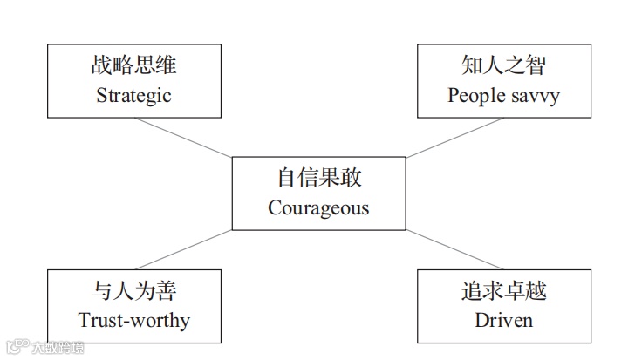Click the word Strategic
pos(133,95)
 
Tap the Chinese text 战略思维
pos(133,66)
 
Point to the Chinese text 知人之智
pos(503,66)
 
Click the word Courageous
pos(318,208)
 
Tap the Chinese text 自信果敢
pos(318,179)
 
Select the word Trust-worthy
pos(133,320)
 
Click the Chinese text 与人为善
pos(133,290)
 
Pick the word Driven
pos(503,320)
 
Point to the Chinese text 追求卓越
pos(503,290)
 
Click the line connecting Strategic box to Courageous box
pos(183,138)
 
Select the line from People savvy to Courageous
pos(455,138)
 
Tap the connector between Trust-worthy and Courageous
pos(183,250)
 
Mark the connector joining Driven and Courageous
pos(455,250)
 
